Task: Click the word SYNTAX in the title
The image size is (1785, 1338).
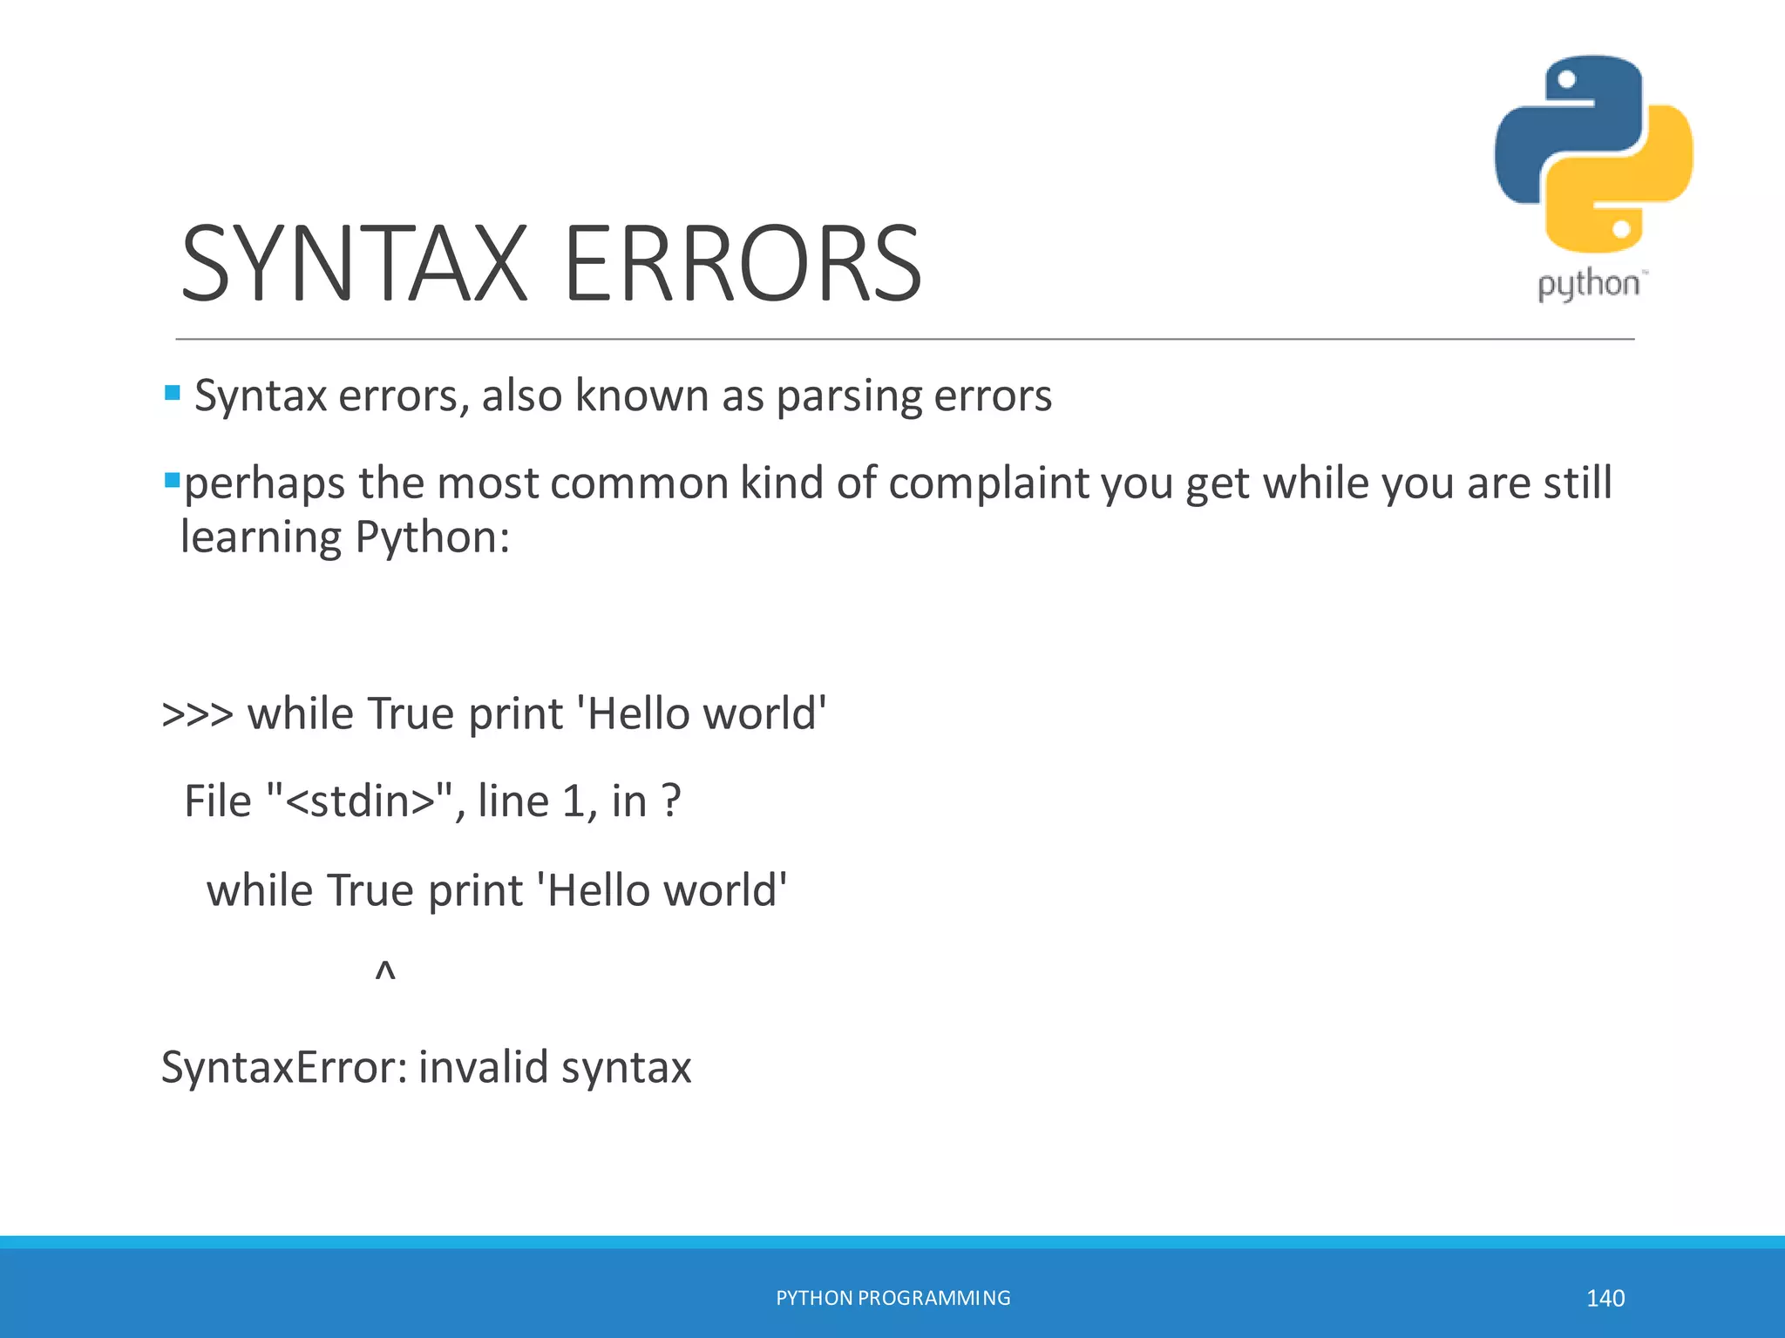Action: pos(354,264)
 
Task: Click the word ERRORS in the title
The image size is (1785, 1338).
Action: pos(743,264)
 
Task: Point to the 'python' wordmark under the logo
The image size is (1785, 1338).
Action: pos(1589,285)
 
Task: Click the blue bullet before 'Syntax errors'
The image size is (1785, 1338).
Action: pos(173,393)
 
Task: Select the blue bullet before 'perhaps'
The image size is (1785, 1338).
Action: pos(173,480)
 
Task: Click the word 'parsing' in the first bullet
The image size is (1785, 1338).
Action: pos(848,397)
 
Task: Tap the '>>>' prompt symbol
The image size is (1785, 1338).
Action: pos(197,714)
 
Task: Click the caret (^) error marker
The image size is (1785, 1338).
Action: pos(385,970)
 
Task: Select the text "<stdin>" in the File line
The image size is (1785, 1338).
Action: pos(360,801)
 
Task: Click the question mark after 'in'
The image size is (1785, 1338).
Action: pos(671,801)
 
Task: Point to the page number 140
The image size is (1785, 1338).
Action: pos(1605,1298)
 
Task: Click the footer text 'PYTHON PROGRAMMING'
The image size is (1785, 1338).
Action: pos(893,1298)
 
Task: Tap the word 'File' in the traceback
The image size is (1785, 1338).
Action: pos(218,801)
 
